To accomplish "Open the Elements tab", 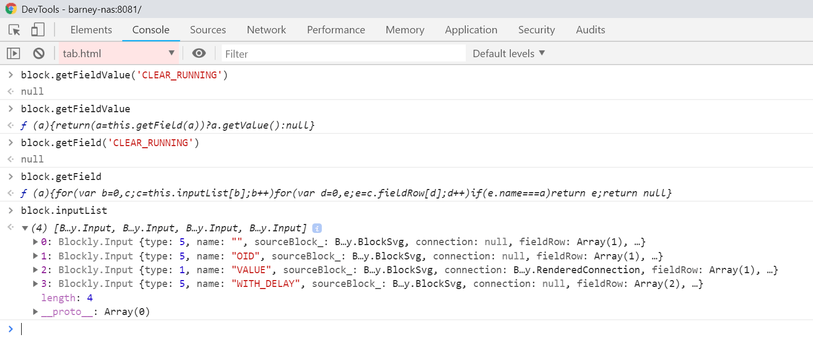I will (x=91, y=30).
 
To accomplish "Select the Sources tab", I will (x=207, y=30).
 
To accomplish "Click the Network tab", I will (x=266, y=30).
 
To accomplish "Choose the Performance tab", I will (x=336, y=30).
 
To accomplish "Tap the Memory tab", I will (x=404, y=30).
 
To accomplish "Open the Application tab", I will (x=471, y=30).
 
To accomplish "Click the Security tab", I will (x=536, y=30).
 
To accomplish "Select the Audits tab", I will (x=590, y=30).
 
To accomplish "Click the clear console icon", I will (x=39, y=53).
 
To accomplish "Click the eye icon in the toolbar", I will (x=199, y=53).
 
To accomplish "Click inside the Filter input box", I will (x=343, y=53).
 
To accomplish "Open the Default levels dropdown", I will (x=508, y=53).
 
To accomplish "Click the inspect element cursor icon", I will (x=15, y=30).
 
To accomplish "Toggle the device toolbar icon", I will (x=37, y=30).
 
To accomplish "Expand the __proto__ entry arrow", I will (x=35, y=312).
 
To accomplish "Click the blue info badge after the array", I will (x=317, y=229).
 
